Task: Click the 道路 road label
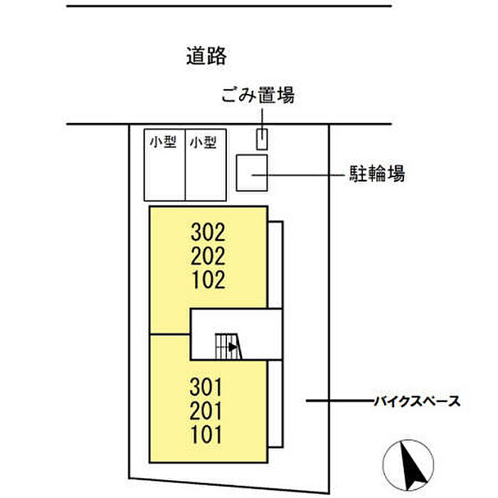click(x=206, y=56)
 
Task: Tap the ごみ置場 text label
click(x=258, y=95)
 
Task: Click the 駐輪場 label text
click(x=376, y=173)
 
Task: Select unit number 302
click(x=208, y=232)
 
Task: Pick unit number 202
click(x=208, y=256)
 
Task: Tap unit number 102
click(x=208, y=280)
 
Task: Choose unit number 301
click(x=207, y=388)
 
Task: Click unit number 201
click(x=207, y=411)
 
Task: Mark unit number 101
click(x=207, y=434)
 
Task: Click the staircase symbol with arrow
click(x=229, y=346)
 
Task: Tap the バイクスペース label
click(x=416, y=402)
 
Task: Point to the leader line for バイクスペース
click(x=338, y=402)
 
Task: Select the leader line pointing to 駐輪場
click(x=295, y=173)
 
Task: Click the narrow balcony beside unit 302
click(x=275, y=265)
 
